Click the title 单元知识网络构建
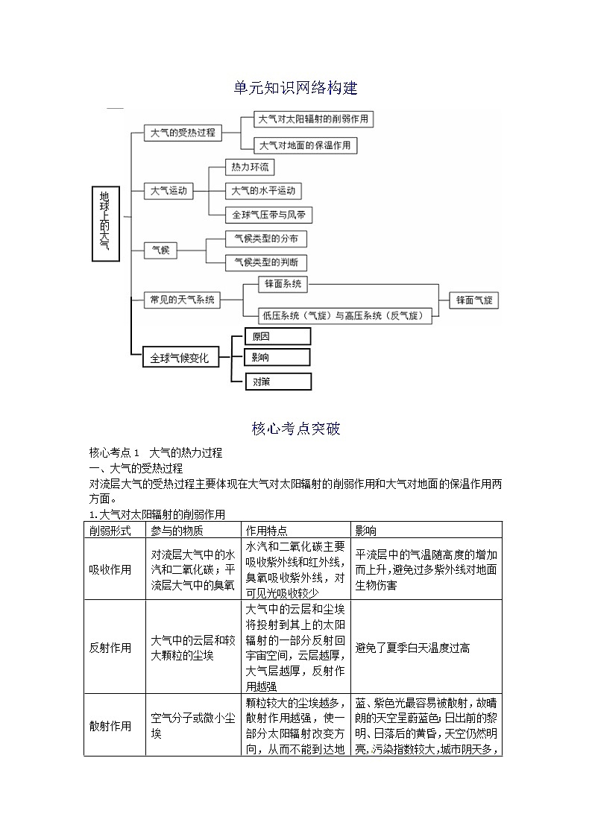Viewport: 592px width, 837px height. pos(296,88)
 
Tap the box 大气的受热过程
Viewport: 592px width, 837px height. pos(183,133)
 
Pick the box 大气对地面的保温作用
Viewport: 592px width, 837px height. pos(305,145)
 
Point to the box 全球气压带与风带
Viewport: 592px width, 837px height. pos(268,215)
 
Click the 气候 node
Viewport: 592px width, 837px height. pos(160,250)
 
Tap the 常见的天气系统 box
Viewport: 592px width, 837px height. pos(183,300)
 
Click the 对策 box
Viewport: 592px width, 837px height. pos(277,382)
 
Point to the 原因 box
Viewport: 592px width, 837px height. pos(277,337)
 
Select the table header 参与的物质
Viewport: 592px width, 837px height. pos(177,530)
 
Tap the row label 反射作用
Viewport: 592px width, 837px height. pos(110,648)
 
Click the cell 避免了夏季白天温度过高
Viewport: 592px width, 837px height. pos(412,648)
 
